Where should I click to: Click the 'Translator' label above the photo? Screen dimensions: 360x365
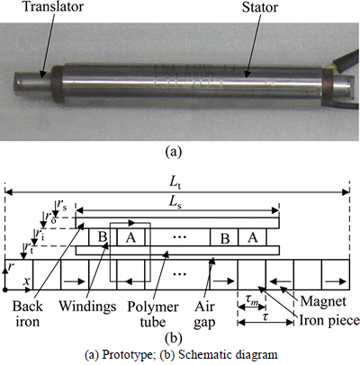[x=53, y=6]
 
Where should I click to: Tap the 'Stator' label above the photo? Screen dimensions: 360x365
[x=260, y=7]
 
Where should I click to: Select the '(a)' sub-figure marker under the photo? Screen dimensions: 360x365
[x=174, y=151]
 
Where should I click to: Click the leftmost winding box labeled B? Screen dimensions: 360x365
[x=103, y=237]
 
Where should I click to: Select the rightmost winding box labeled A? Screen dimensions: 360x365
[x=252, y=237]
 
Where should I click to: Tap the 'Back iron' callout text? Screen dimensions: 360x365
[x=27, y=314]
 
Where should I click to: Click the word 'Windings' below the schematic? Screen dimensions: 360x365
[x=87, y=306]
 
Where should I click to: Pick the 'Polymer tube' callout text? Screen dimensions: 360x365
[x=153, y=315]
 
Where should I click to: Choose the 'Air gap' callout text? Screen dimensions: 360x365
[x=204, y=315]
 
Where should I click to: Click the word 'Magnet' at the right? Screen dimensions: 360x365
[x=323, y=301]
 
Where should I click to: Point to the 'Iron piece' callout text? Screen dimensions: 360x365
[x=329, y=320]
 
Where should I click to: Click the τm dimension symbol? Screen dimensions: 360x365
[x=251, y=300]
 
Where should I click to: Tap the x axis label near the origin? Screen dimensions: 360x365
[x=27, y=281]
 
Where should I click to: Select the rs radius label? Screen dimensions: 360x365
[x=60, y=205]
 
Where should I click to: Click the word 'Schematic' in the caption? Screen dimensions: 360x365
[x=198, y=354]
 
